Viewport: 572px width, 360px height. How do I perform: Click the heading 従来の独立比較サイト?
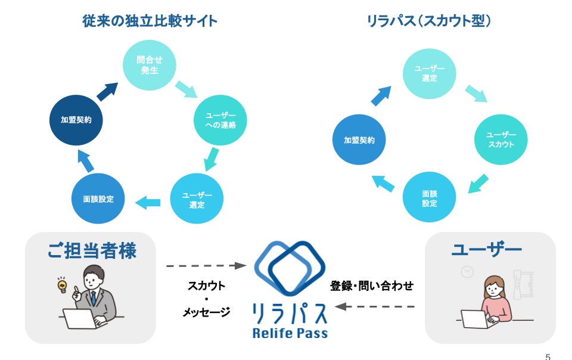(150, 21)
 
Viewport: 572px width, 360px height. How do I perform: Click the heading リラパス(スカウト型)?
(429, 21)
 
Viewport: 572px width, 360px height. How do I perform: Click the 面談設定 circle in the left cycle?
(98, 198)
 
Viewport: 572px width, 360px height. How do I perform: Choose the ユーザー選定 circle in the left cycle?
(197, 200)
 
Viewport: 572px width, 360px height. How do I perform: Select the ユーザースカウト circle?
(500, 139)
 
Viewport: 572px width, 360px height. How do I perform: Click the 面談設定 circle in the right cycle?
(429, 198)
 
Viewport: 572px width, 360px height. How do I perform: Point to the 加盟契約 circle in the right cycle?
(359, 140)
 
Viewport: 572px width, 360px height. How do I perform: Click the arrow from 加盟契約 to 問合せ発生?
(107, 91)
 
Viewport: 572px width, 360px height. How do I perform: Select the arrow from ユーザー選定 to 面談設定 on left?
(148, 202)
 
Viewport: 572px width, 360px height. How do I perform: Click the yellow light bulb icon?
(61, 286)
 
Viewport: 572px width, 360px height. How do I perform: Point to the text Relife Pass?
(290, 333)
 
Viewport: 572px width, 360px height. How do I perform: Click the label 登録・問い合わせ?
(372, 285)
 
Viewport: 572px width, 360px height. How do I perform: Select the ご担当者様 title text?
(92, 250)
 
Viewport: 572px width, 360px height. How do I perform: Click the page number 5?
(548, 356)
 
